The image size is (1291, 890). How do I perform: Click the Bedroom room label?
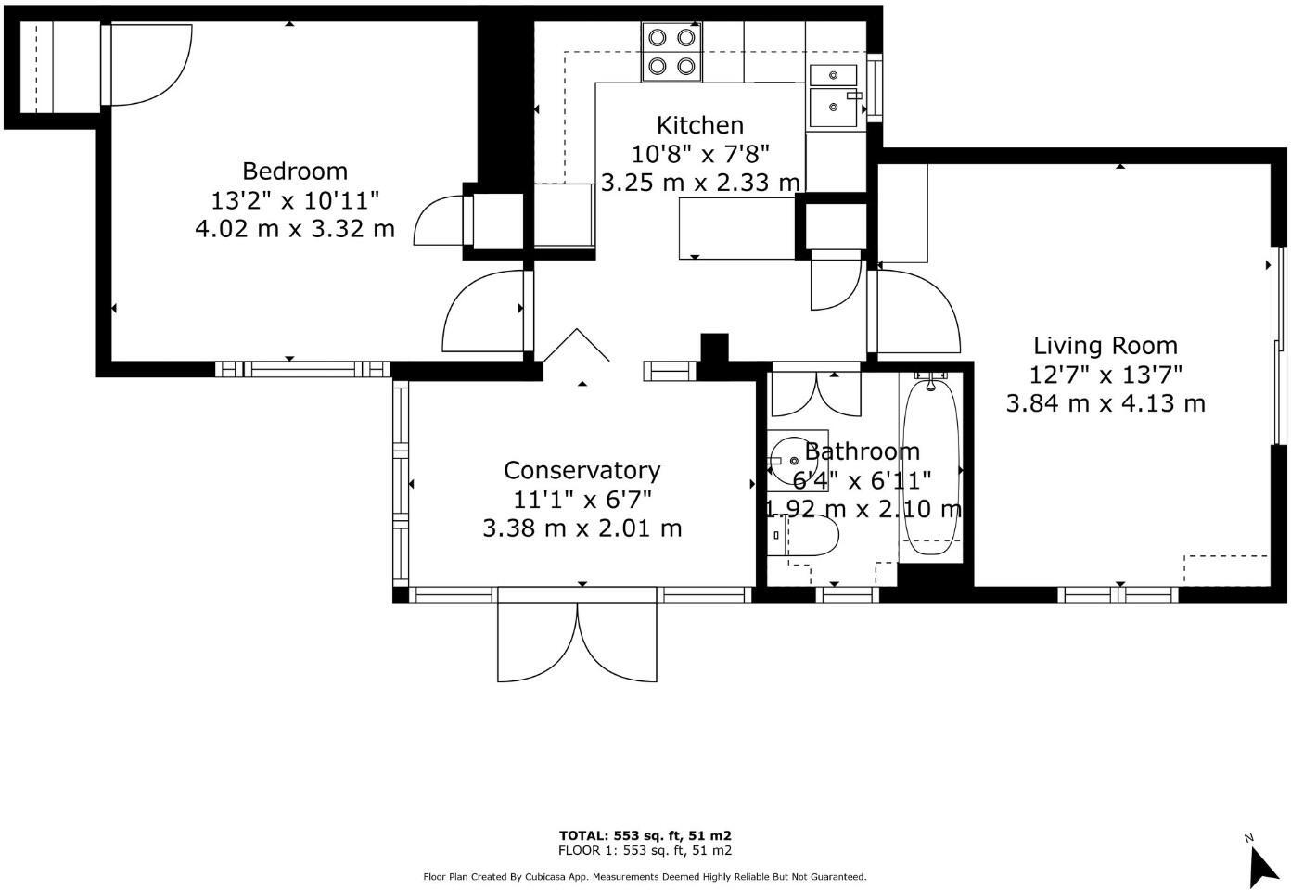[x=295, y=171]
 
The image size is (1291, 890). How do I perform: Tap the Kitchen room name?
[x=700, y=125]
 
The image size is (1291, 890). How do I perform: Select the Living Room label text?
[x=1106, y=346]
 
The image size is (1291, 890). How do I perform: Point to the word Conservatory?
[x=582, y=471]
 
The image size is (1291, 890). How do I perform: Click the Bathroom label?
[x=862, y=451]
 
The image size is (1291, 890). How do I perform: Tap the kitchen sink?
[x=837, y=106]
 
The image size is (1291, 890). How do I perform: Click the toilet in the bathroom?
[x=806, y=536]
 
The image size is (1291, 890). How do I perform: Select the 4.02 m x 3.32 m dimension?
[x=295, y=228]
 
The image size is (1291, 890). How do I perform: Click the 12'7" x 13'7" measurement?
[x=1106, y=375]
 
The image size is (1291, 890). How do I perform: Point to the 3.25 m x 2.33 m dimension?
[x=700, y=183]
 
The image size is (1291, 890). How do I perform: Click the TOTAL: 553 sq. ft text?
[x=645, y=835]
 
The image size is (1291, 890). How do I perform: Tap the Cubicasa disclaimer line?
[x=645, y=876]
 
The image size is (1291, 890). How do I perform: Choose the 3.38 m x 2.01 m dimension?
[x=582, y=528]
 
